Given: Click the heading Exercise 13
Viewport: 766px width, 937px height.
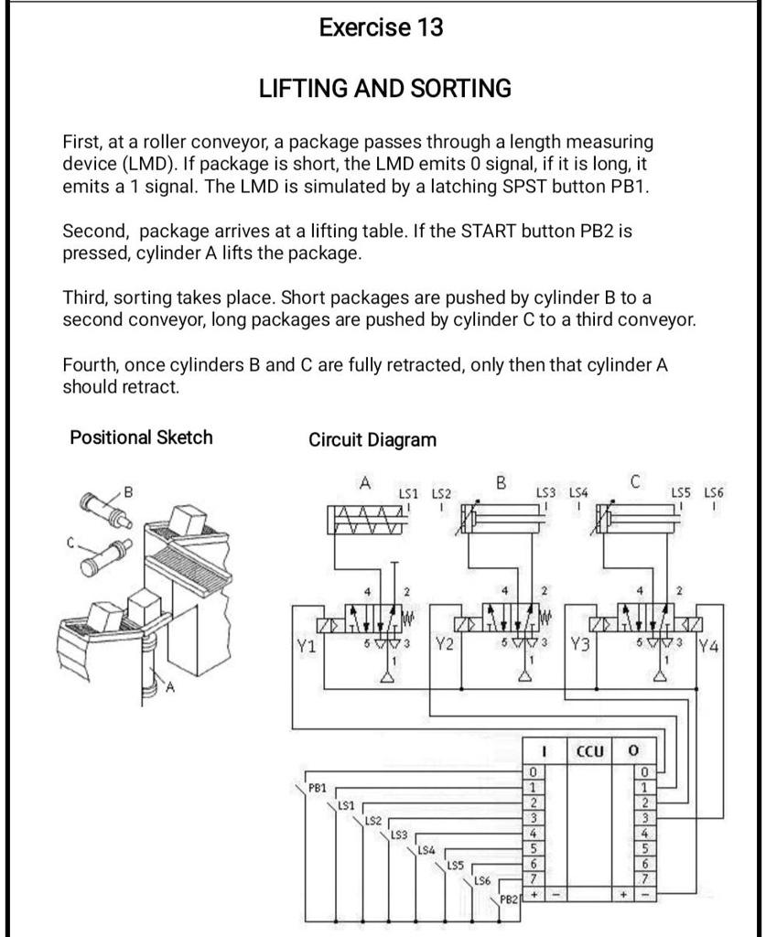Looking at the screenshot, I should pos(381,28).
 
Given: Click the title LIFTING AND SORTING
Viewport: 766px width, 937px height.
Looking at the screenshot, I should pos(385,89).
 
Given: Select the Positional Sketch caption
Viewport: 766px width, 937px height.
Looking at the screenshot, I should pos(141,437).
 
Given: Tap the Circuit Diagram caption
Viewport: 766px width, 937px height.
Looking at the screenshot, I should pos(372,440).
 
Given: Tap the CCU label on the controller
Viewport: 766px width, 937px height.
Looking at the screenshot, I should pos(590,751).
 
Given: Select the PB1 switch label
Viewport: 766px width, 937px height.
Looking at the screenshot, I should pos(318,786).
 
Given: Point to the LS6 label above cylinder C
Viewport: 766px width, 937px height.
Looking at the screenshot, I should pos(714,493).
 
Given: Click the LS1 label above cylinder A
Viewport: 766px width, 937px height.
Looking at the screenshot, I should pos(408,493).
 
